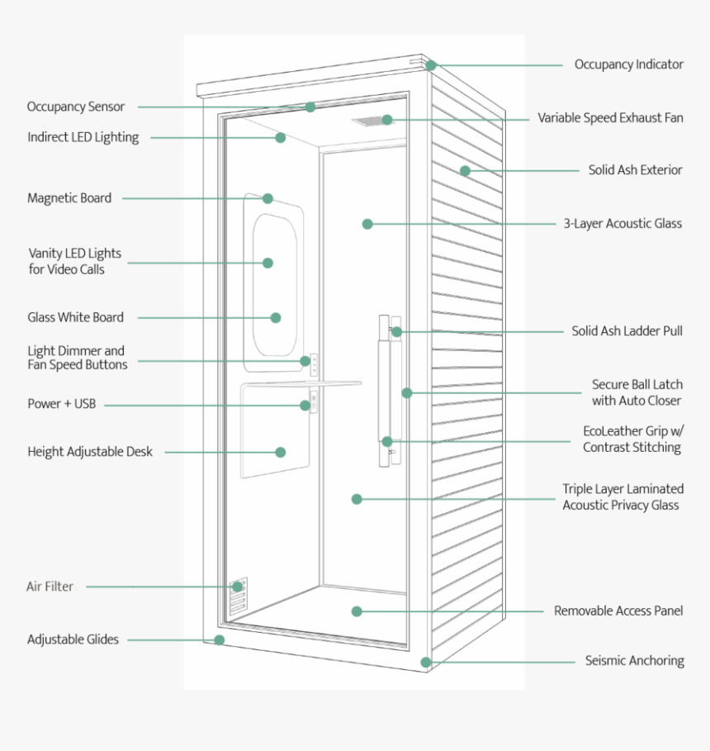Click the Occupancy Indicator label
coord(628,64)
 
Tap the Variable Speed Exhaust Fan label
coord(610,118)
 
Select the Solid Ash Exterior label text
coord(635,170)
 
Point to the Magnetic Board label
coord(69,198)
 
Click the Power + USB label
coord(61,404)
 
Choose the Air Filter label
coord(50,587)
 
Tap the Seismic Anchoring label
coord(634,661)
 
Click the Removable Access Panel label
coord(618,611)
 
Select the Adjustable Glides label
coord(73,639)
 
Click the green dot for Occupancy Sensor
coord(310,107)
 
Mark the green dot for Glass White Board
coord(276,317)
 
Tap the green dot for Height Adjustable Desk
coord(281,452)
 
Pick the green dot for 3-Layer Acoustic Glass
coord(367,224)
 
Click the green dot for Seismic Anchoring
coord(426,662)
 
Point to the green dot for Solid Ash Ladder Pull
coord(397,331)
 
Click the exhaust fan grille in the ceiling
coord(372,121)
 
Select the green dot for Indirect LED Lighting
coord(281,137)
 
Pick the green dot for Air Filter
coord(238,587)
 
